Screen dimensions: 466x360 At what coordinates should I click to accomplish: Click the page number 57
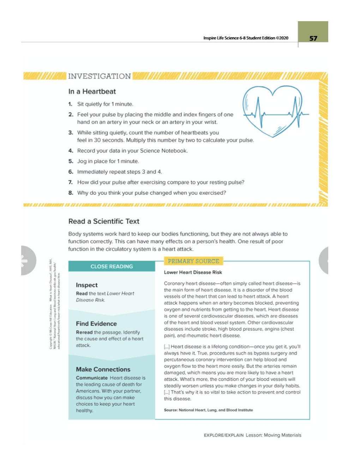coord(313,38)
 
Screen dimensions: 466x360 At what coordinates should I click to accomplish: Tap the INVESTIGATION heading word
coord(99,76)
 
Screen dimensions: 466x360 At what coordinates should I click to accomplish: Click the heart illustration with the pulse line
coord(272,111)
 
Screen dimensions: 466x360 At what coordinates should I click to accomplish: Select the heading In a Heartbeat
coord(92,91)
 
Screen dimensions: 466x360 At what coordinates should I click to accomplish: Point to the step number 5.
coord(71,161)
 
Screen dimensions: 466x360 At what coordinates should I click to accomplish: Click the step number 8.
coord(71,193)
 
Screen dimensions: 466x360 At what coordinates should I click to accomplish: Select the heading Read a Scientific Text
coord(104,221)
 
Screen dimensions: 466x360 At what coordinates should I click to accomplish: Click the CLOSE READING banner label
coord(112,267)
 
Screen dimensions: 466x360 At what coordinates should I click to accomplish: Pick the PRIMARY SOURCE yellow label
coord(193,261)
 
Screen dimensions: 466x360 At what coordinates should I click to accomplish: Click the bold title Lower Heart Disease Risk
coord(193,272)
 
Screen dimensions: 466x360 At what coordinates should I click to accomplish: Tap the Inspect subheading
coord(86,285)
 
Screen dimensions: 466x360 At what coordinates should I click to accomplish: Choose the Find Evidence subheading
coord(96,323)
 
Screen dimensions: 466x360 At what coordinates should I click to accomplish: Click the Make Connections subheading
coord(103,369)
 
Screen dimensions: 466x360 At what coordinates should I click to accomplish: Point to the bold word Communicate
coord(92,378)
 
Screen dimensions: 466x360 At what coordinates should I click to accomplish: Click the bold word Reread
coord(84,332)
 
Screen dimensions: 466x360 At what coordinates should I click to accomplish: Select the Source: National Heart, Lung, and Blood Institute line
coord(208,410)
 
